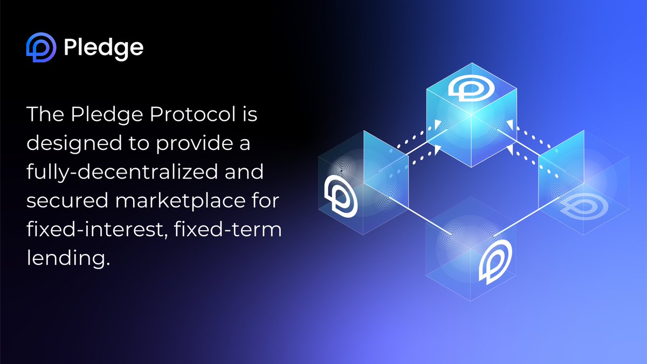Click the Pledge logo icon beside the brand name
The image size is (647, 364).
point(41,48)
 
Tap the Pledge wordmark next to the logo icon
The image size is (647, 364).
point(104,48)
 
